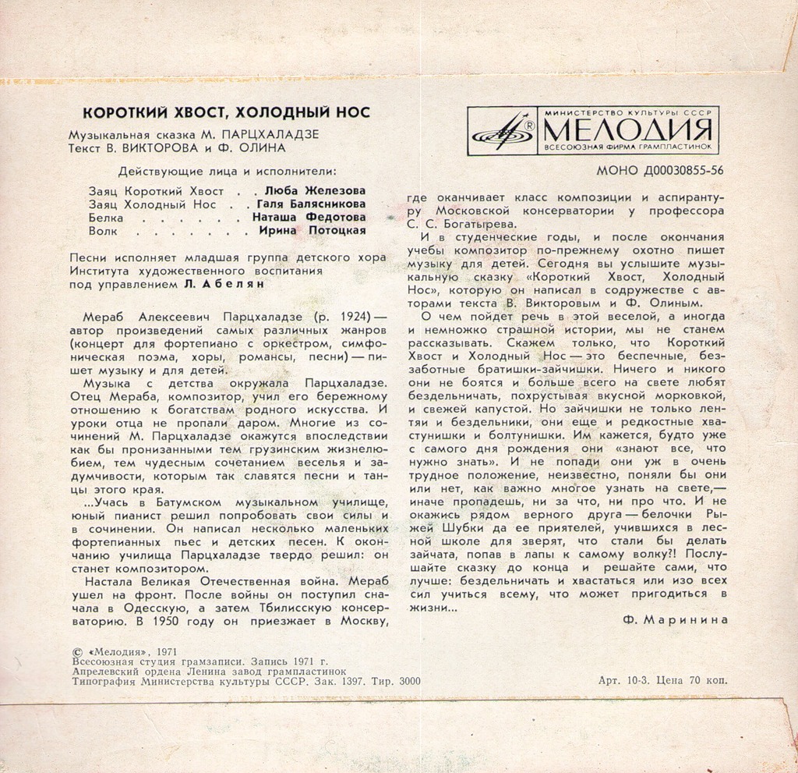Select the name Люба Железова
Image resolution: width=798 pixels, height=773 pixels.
tap(316, 190)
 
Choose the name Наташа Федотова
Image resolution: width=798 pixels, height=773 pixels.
tap(309, 218)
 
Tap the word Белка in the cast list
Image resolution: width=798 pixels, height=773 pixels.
tap(106, 218)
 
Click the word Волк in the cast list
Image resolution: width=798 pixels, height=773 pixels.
tap(103, 231)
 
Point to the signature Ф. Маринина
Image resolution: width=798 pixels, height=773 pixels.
tap(676, 619)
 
